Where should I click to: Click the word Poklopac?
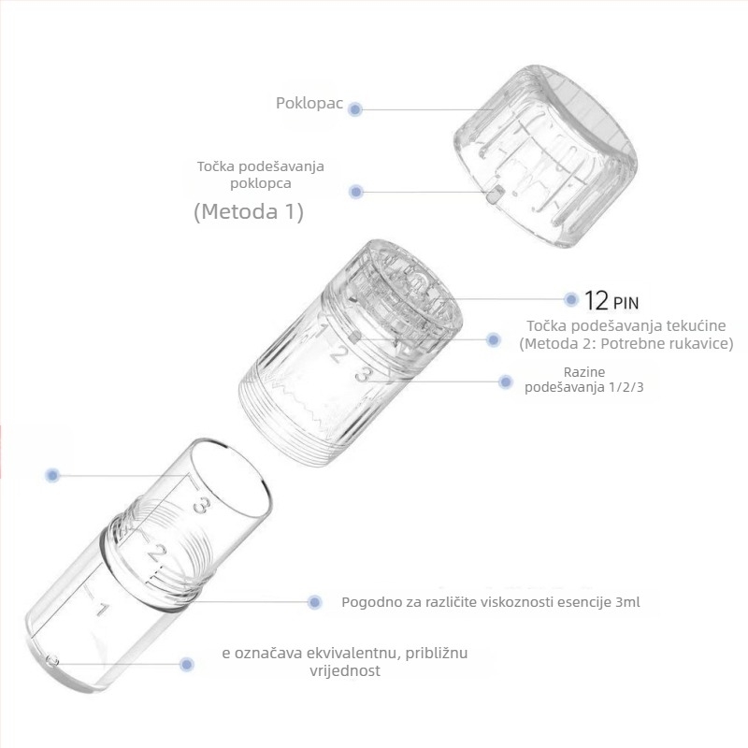(309, 103)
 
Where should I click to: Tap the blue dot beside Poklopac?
(355, 109)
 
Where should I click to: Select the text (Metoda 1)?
(249, 211)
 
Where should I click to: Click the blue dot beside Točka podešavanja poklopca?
(356, 192)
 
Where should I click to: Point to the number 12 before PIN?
(597, 300)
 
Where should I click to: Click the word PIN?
(626, 303)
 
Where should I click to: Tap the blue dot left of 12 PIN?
(571, 299)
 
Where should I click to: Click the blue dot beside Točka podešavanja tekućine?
(494, 339)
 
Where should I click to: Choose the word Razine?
(583, 371)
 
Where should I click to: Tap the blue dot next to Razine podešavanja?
(506, 381)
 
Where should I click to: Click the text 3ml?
(627, 601)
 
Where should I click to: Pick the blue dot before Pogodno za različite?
(314, 602)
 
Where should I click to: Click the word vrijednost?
(345, 670)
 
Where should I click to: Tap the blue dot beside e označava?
(187, 664)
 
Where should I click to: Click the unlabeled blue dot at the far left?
(52, 475)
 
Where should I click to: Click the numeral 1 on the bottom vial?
(102, 610)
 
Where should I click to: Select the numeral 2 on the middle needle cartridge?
(338, 354)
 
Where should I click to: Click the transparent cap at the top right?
(545, 156)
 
